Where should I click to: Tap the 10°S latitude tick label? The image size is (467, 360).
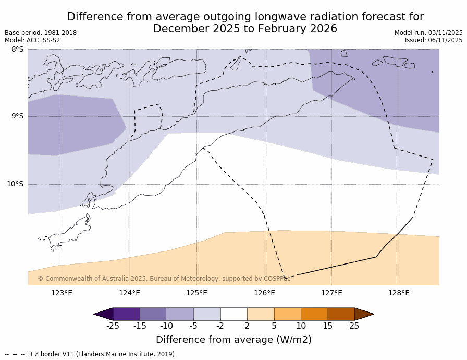coord(15,184)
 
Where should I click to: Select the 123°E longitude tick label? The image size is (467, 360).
coord(62,293)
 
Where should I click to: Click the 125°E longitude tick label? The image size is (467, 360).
coord(196,293)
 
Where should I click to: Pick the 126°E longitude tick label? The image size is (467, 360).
coord(264,293)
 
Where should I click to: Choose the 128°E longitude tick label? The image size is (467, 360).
coord(399,293)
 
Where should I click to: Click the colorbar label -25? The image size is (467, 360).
coord(113,326)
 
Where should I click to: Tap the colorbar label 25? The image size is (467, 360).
coord(354,326)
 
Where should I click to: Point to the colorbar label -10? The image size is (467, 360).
coord(166,326)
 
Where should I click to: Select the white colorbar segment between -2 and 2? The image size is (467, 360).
coord(233,314)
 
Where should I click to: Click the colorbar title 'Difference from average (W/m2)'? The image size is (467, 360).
coord(233,340)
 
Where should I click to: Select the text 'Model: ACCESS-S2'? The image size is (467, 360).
coord(32,40)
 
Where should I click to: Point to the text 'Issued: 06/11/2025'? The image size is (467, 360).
coord(434,40)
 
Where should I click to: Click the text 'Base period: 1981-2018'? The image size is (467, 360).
coord(41,33)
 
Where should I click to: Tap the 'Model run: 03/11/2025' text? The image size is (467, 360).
coord(428,33)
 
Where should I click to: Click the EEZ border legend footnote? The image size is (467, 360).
coord(91,354)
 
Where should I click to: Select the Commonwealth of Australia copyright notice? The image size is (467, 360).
coord(164,279)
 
